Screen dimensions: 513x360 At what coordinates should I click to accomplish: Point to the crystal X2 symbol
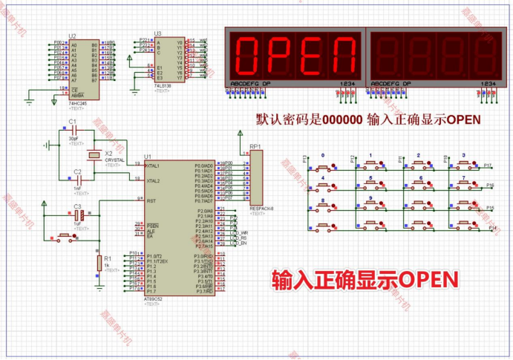(x=94, y=154)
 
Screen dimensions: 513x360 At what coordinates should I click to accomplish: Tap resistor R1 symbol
(x=99, y=261)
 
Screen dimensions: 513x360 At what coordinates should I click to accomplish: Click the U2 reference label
(x=72, y=36)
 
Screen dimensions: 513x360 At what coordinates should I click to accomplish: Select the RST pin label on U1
(x=152, y=200)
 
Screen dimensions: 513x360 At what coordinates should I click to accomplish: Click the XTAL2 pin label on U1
(x=154, y=180)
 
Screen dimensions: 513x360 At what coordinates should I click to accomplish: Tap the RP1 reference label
(x=255, y=147)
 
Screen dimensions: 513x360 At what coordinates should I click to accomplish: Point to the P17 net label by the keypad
(x=488, y=165)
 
